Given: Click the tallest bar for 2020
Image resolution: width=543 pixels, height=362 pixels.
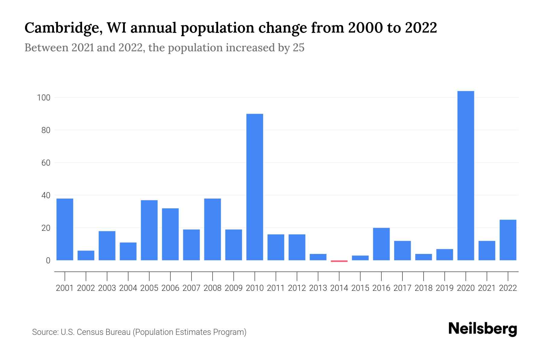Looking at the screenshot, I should click(465, 176).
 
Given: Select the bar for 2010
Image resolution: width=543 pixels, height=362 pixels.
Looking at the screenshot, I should click(255, 187).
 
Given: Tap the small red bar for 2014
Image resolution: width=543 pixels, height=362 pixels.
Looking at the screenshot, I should click(339, 261).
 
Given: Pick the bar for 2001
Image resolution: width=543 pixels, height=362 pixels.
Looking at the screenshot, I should click(65, 229).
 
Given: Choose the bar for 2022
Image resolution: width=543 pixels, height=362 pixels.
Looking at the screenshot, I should click(508, 240).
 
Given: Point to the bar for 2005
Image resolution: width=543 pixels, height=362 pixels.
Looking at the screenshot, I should click(149, 230).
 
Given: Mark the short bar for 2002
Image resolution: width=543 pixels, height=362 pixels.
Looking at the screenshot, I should click(86, 256).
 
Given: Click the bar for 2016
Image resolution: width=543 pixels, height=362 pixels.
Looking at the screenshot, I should click(381, 244).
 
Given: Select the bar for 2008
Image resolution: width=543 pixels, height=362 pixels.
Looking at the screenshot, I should click(212, 229).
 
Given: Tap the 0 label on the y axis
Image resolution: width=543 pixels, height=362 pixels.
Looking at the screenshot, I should click(48, 261).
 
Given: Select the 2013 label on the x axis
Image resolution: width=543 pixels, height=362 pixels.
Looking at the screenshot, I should click(318, 288).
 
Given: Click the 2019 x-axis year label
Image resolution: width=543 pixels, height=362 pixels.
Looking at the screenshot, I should click(444, 288).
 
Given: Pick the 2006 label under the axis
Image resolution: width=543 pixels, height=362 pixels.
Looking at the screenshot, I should click(170, 288).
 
